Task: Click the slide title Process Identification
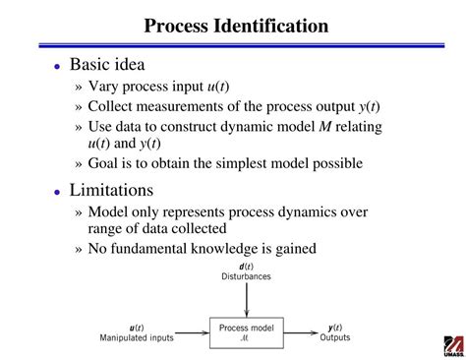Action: point(237,25)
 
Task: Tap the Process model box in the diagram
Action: point(246,331)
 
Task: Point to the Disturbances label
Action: point(246,276)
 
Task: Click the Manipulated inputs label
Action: point(136,337)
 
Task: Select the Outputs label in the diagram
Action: point(334,337)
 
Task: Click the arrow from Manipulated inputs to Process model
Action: point(194,331)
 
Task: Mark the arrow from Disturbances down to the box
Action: point(246,299)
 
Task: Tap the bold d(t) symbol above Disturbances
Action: point(246,266)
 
